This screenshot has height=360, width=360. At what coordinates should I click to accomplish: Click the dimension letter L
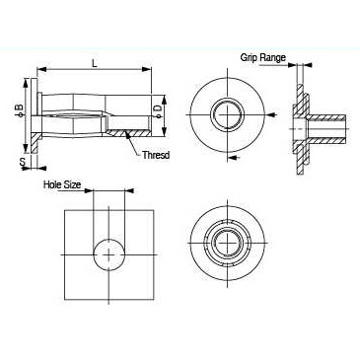(x=95, y=63)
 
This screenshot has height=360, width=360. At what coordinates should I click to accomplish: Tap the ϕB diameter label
(x=20, y=110)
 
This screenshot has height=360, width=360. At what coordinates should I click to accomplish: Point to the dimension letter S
(x=23, y=162)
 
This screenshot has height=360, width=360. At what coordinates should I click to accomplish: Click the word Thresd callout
(x=156, y=155)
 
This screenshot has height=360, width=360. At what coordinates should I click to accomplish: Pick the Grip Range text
(x=263, y=57)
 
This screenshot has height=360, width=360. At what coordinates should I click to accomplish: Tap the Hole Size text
(x=62, y=184)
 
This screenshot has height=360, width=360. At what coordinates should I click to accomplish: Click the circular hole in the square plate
(x=109, y=254)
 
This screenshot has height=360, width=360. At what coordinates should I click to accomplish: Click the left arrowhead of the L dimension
(x=41, y=69)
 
